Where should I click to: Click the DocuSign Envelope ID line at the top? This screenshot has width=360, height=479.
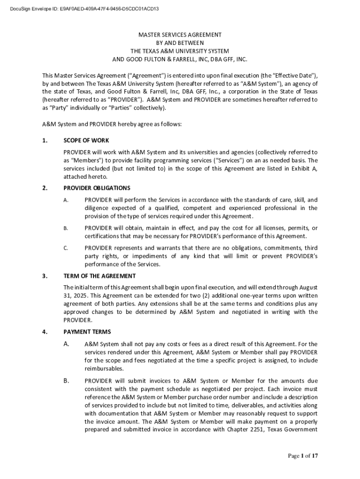84,8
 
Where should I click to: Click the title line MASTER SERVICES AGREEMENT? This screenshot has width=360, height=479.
180,35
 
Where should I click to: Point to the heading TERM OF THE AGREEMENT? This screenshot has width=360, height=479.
100,276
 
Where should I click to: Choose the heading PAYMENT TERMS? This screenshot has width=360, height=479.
87,332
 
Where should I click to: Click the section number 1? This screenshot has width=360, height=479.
44,141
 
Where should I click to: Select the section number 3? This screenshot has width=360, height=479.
44,276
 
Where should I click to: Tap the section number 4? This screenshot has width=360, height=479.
44,332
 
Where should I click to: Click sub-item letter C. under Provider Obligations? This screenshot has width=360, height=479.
66,248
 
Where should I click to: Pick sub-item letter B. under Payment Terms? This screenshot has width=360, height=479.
66,381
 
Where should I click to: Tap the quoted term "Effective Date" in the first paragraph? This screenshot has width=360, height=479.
290,75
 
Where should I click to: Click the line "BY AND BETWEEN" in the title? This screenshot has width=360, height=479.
180,43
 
